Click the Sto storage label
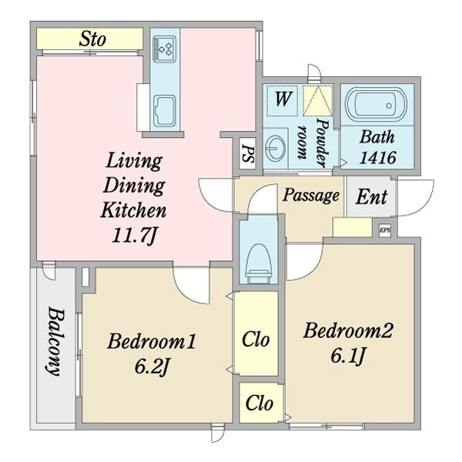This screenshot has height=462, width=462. pos(92,39)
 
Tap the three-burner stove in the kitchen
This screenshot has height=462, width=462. pos(165,49)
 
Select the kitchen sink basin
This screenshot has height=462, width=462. pos(165,111)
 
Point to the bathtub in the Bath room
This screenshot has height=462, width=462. pos(377,104)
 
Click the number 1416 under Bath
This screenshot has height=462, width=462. pos(378,158)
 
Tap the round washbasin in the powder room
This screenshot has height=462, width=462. pos(275,146)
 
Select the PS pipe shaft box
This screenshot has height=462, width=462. pos(247,153)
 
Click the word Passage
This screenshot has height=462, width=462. pos(311,196)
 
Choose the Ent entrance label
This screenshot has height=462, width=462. pos(371,197)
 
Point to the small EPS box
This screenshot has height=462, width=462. pos(385,229)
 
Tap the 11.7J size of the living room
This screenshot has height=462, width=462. pos(133,236)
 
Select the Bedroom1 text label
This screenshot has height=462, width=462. pos(152,341)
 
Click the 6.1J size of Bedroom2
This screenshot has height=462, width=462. pos(348,356)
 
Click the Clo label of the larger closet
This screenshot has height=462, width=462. pos(256,340)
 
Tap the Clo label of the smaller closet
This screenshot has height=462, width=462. pos(259,403)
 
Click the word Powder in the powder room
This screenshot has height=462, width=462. pos(323,142)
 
